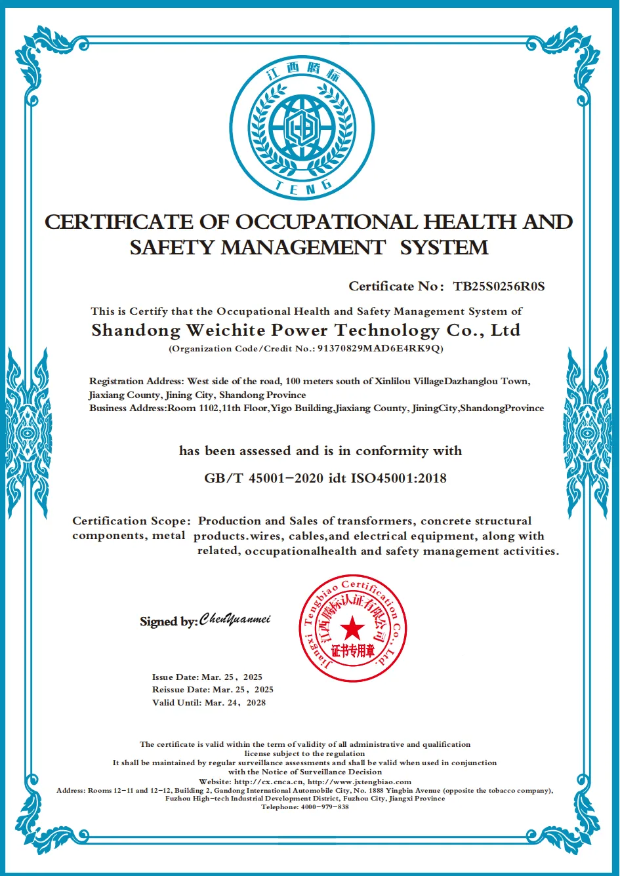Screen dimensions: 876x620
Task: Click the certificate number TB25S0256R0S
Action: click(x=499, y=287)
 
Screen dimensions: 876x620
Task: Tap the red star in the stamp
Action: click(x=352, y=629)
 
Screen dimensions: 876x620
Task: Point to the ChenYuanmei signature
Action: click(x=235, y=620)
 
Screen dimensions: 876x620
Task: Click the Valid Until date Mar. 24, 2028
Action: click(x=235, y=702)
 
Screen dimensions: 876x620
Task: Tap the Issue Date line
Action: click(x=207, y=677)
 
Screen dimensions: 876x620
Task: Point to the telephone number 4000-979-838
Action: click(x=325, y=806)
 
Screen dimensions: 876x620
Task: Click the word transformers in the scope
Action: click(x=375, y=521)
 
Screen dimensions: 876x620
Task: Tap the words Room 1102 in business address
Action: click(x=190, y=408)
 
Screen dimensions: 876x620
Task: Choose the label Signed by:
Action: click(x=169, y=622)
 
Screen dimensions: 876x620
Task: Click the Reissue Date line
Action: click(x=213, y=690)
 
